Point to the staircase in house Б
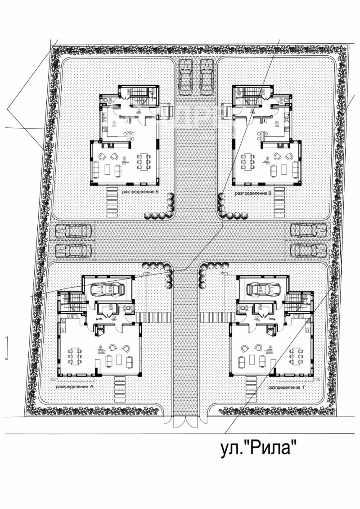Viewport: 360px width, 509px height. (141, 95)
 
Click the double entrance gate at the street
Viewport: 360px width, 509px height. (185, 423)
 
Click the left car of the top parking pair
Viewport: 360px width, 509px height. (185, 77)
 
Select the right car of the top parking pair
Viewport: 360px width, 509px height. (206, 77)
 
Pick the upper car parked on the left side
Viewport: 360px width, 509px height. (74, 231)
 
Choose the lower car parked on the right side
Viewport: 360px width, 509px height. (308, 250)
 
